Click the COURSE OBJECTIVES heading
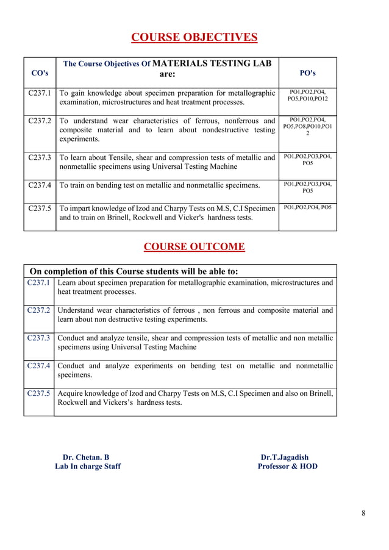pos(194,38)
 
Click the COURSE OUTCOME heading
pos(194,247)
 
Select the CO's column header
pos(40,73)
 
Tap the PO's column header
pos(308,73)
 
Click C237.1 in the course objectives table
pos(40,93)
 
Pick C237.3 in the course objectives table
pos(40,157)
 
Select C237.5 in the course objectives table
pos(40,208)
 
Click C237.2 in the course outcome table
pos(39,310)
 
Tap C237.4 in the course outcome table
pos(39,366)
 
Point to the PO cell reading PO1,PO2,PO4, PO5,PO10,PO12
pos(308,95)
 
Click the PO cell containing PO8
pos(308,126)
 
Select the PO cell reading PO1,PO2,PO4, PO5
pos(308,208)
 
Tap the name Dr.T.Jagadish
pos(285,457)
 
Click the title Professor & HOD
pos(287,467)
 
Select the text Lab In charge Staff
pos(88,467)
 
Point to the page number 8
pos(363,513)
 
